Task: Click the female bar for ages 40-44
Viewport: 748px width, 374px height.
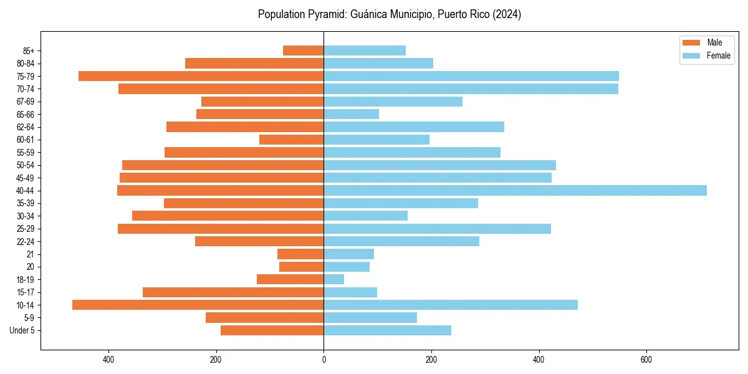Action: pos(515,190)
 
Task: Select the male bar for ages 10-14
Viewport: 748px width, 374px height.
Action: pos(198,305)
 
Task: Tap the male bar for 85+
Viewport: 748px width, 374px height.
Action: pos(303,50)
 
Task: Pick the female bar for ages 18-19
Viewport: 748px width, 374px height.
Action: pos(333,279)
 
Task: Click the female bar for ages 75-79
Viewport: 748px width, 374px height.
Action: pos(471,76)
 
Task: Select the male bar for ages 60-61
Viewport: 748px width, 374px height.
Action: pos(291,140)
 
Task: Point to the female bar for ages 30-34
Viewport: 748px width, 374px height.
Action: pos(365,216)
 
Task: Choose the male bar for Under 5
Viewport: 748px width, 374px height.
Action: pos(272,330)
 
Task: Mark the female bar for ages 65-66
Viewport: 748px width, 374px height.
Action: pos(351,114)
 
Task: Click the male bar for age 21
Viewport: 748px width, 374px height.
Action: pos(300,254)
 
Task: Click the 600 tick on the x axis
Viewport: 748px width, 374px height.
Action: pos(646,360)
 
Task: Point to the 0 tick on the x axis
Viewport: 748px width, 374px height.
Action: pos(324,360)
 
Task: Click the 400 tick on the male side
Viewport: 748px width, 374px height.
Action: pos(108,360)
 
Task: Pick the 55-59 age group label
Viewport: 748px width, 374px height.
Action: pos(26,152)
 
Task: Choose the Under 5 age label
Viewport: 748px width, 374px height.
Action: pos(22,330)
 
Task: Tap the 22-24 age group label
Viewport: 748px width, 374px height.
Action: pos(26,241)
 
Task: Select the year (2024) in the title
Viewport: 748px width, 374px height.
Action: pos(507,14)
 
